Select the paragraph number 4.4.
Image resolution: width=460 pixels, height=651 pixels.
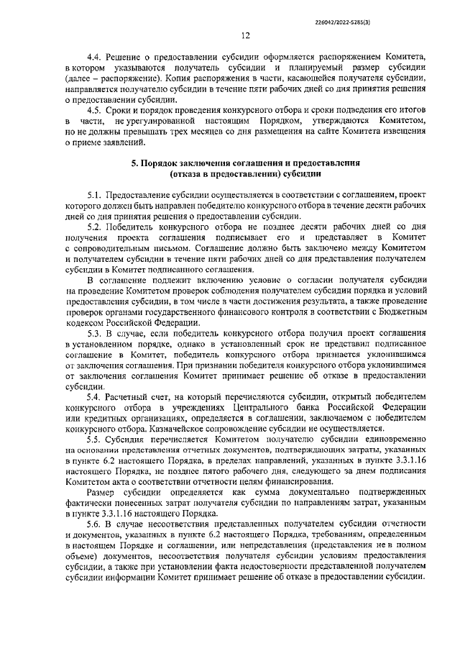coord(95,55)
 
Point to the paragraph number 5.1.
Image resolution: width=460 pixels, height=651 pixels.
coord(95,195)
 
